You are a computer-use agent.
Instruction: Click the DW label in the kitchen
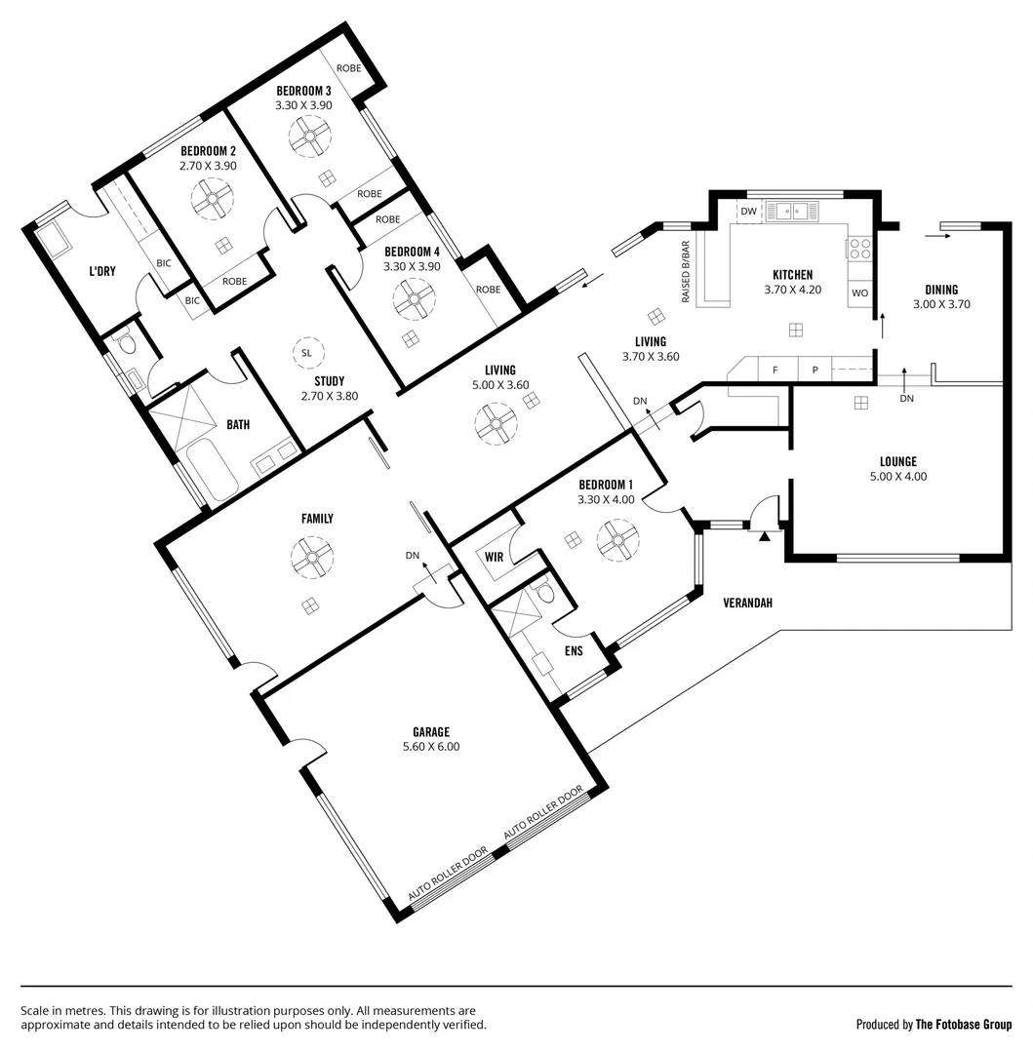(749, 212)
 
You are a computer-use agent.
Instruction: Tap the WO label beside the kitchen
(859, 292)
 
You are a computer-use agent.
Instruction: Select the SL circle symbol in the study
(306, 352)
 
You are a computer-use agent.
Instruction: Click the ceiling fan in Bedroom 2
(212, 202)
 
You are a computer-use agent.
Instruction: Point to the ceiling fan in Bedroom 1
(617, 539)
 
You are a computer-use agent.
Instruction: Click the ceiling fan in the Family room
(312, 558)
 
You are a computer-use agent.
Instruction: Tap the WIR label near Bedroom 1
(495, 557)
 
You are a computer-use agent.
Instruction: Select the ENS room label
(574, 650)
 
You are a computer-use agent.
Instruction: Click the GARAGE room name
(430, 731)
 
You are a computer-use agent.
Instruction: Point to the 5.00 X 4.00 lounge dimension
(898, 477)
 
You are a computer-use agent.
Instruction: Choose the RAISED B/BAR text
(686, 271)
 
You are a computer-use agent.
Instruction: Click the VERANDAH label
(748, 603)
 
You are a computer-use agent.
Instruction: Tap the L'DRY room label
(102, 271)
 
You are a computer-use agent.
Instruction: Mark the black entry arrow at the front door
(764, 535)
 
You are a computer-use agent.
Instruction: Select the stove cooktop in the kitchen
(859, 249)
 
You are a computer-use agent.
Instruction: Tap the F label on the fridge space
(775, 370)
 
